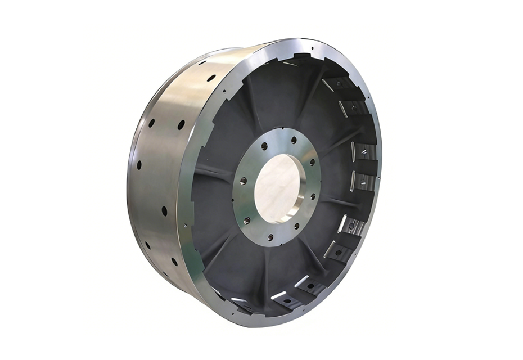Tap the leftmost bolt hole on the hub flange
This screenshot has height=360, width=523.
pos(244,181)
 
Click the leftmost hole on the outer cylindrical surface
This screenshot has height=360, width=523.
pos(138,165)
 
